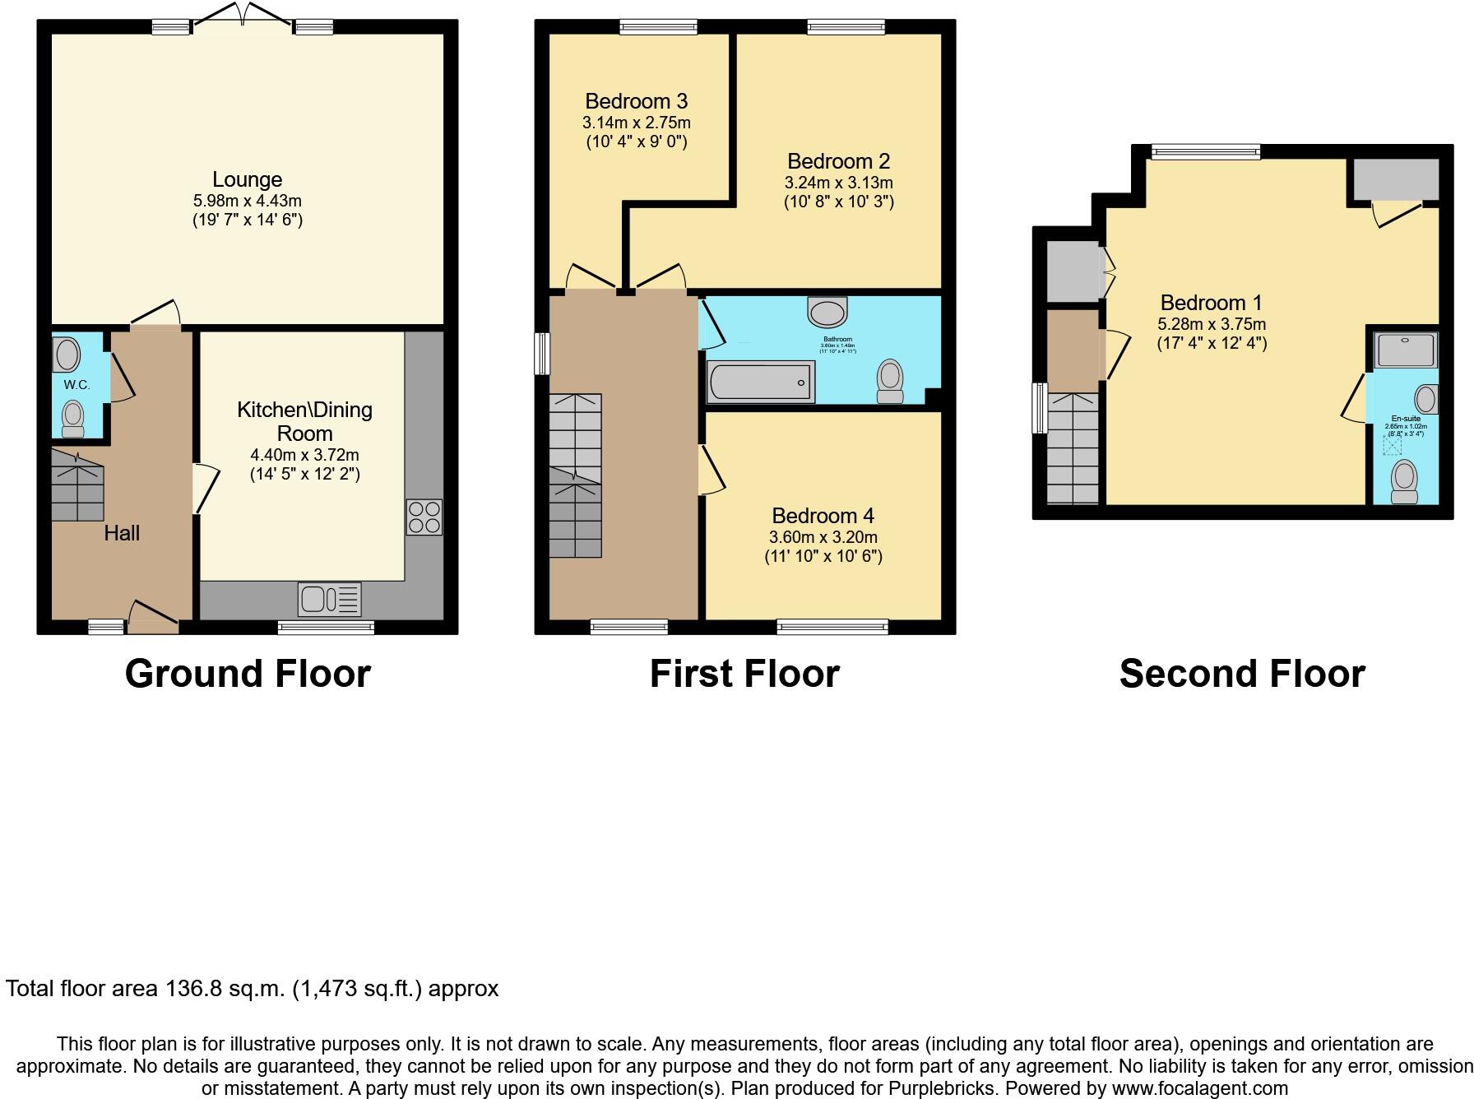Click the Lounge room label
[x=247, y=179]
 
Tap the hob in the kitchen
[x=424, y=517]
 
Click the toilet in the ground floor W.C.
[x=73, y=418]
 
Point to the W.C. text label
[x=76, y=385]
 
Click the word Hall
[x=122, y=533]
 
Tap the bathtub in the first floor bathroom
[x=760, y=383]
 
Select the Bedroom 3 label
[x=636, y=101]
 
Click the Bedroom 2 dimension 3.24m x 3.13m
[x=838, y=183]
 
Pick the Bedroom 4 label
[x=823, y=516]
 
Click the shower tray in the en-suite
[x=1407, y=350]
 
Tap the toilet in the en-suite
[x=1404, y=480]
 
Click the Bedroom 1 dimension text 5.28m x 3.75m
[x=1212, y=324]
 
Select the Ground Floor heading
[x=248, y=674]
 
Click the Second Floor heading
[x=1241, y=674]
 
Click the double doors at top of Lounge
[x=243, y=14]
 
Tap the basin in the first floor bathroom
[x=827, y=313]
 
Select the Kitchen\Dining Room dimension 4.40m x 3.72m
[x=304, y=455]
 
